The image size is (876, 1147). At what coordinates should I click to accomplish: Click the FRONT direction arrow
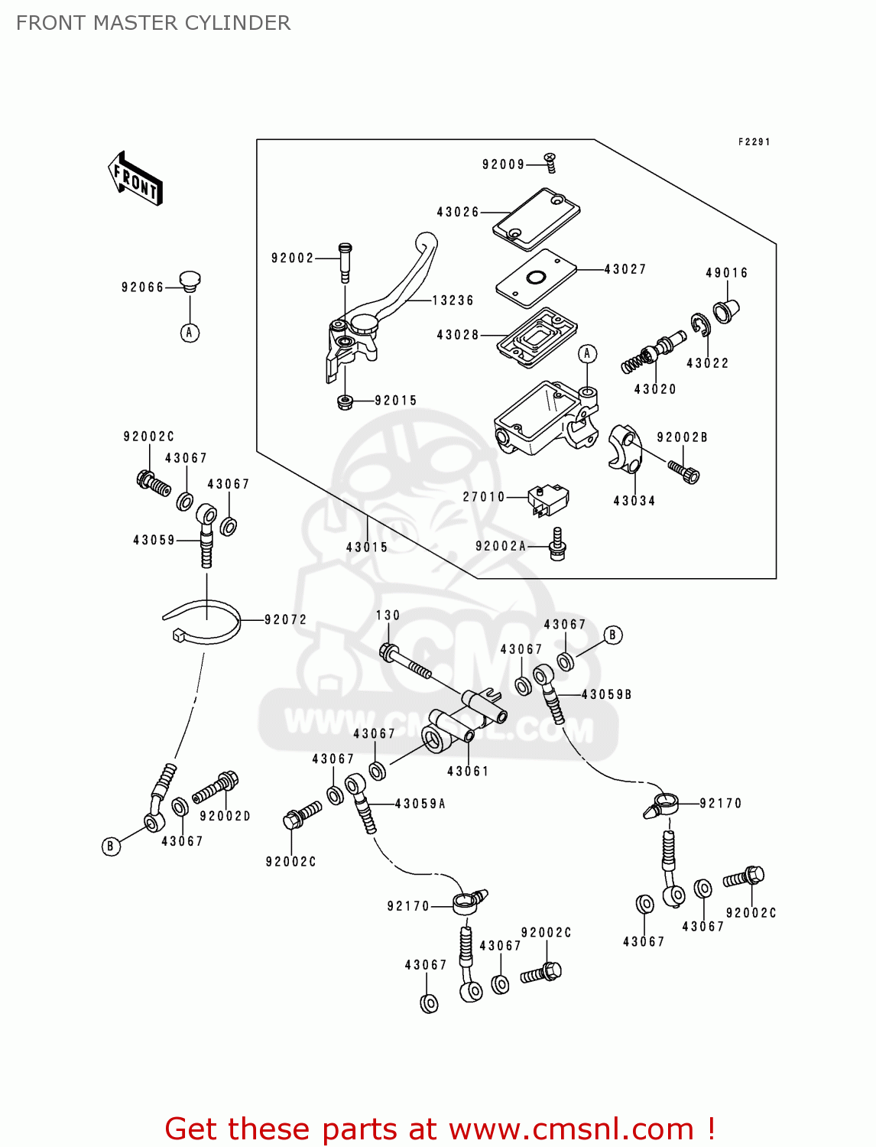pos(135,178)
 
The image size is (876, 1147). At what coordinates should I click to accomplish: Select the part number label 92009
pos(503,164)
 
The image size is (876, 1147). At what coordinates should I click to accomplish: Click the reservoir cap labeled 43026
pos(536,219)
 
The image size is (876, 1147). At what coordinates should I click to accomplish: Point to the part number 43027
pos(625,269)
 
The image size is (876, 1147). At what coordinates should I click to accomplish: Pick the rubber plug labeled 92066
pos(190,281)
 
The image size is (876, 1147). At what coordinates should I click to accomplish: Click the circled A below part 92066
pos(190,333)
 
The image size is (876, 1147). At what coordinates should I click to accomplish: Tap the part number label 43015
pos(367,548)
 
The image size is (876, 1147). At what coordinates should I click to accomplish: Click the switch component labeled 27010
pos(548,498)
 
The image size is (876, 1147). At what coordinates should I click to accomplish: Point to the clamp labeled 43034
pos(623,449)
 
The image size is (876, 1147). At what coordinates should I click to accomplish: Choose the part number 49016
pos(727,273)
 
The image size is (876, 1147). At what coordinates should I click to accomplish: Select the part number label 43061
pos(468,772)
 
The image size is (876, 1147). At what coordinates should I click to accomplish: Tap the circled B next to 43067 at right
pos(612,635)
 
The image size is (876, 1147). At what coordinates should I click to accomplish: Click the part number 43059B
pos(606,695)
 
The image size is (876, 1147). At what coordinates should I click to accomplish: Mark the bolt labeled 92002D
pos(216,788)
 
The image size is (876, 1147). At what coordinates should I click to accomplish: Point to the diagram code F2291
pos(754,142)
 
